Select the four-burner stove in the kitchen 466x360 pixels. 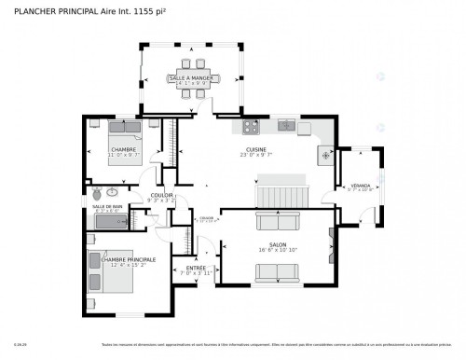(x=250, y=126)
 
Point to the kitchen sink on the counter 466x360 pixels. (x=288, y=126)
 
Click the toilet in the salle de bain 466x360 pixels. (x=97, y=192)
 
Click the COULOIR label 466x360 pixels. (x=163, y=195)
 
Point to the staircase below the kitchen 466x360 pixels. (x=281, y=197)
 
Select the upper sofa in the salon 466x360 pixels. (x=277, y=222)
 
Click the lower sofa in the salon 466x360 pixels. (x=277, y=270)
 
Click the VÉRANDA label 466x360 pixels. (x=360, y=186)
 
